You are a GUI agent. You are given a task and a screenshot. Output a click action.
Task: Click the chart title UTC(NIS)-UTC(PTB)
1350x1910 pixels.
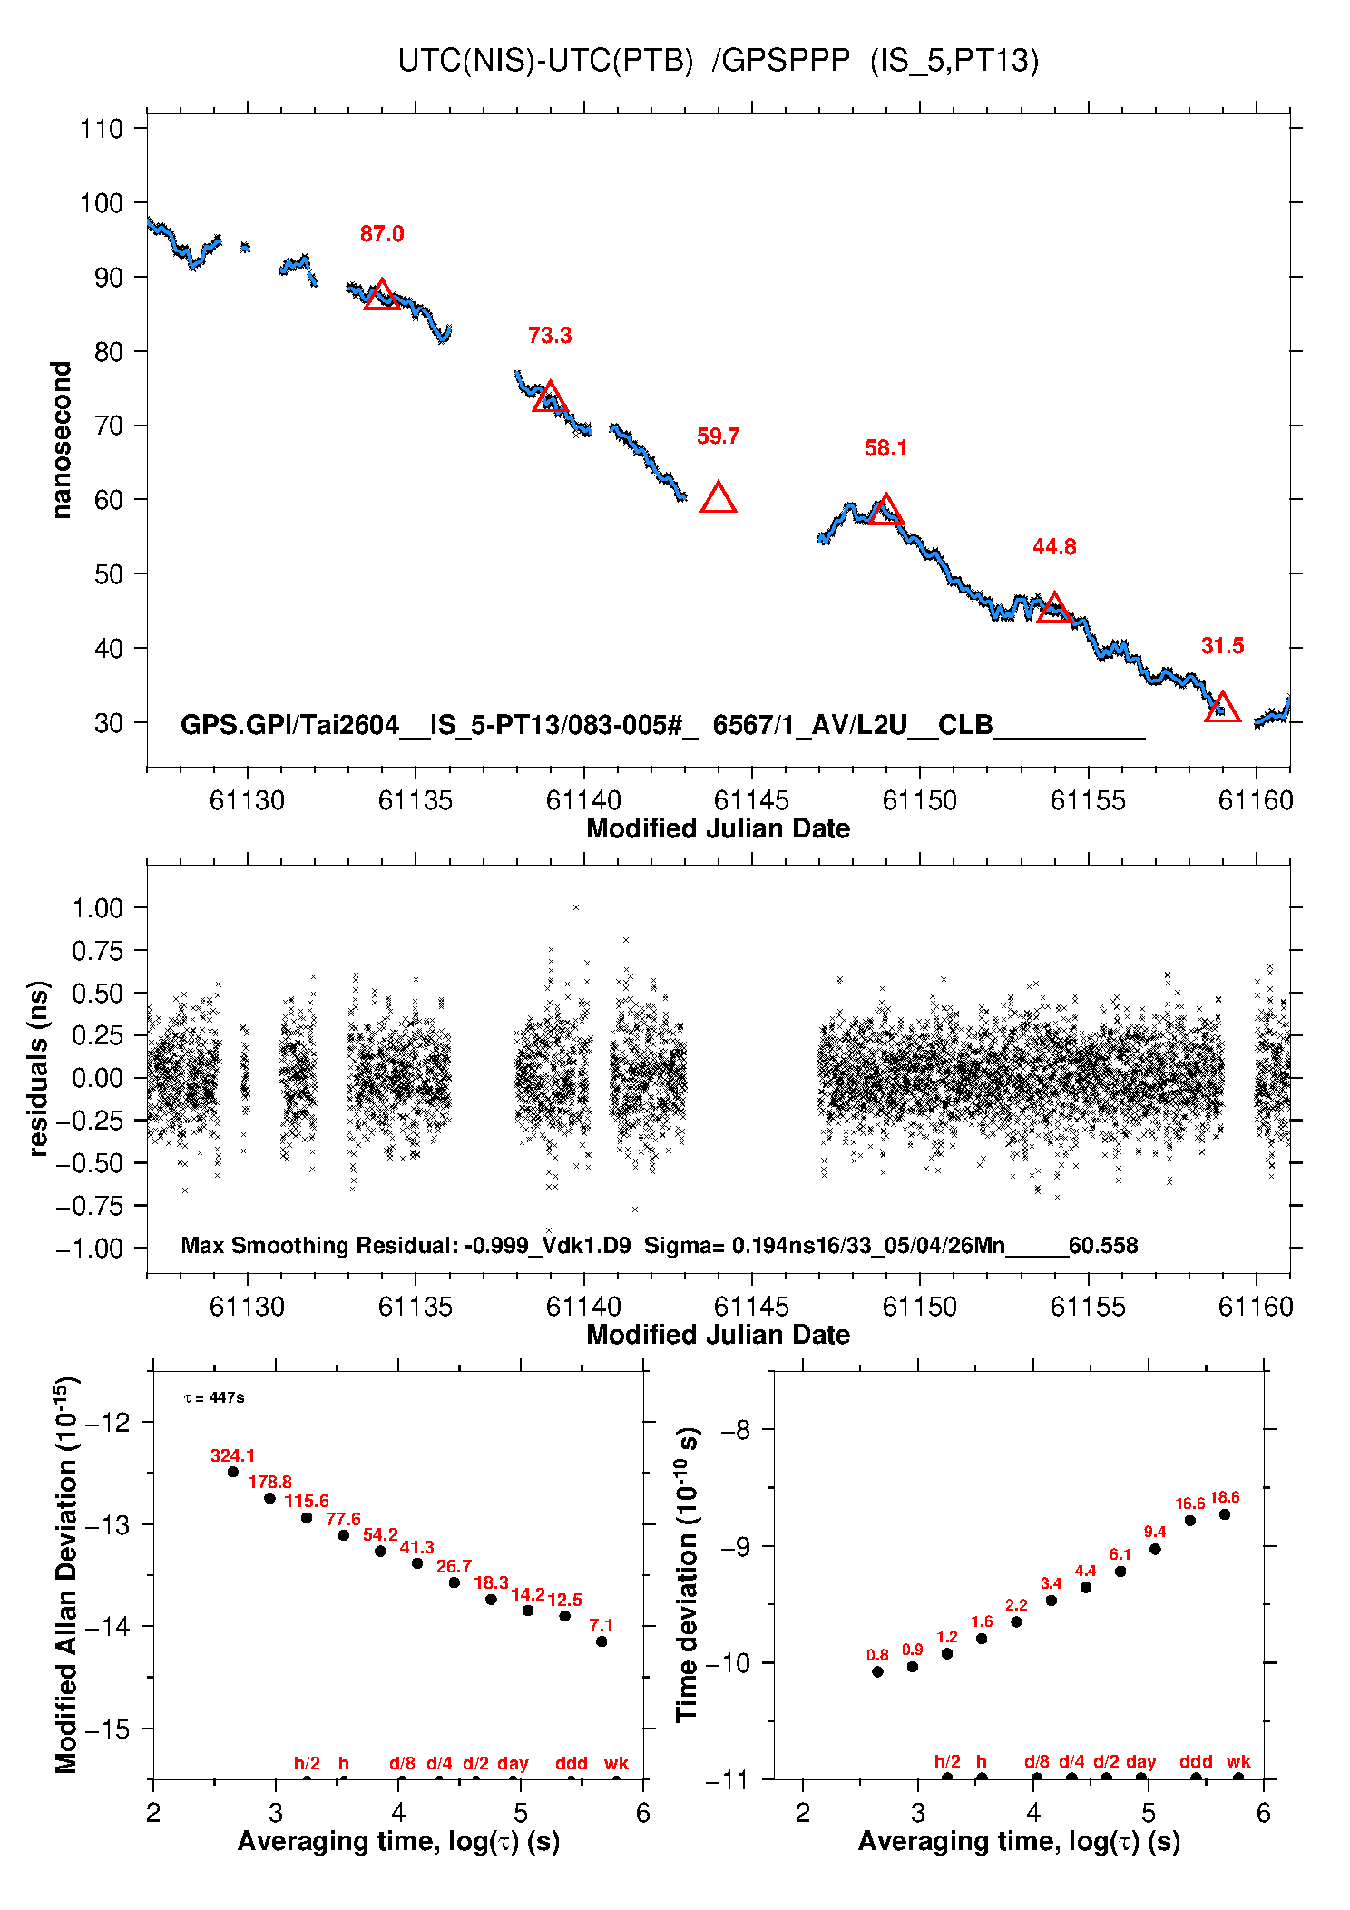click(x=545, y=61)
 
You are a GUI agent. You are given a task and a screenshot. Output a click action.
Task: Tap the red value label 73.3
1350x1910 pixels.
click(x=550, y=336)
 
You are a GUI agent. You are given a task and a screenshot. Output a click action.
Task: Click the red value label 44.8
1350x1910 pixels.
click(x=1054, y=547)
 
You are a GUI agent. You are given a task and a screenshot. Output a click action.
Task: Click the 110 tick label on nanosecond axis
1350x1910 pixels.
click(x=102, y=129)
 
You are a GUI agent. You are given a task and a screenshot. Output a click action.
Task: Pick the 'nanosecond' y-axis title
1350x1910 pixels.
click(x=62, y=440)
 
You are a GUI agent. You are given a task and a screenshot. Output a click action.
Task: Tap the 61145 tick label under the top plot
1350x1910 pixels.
click(x=751, y=800)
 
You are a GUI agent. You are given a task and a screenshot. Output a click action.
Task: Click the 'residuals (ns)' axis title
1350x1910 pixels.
click(x=38, y=1068)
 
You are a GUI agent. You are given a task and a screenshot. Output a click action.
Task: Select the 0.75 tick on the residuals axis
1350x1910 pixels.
click(x=97, y=951)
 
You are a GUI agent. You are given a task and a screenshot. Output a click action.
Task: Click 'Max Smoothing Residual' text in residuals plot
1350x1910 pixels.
click(x=318, y=1245)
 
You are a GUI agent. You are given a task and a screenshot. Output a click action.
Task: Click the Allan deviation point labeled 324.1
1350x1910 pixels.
click(x=233, y=1472)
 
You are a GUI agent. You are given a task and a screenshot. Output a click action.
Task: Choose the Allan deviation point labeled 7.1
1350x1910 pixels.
click(x=602, y=1641)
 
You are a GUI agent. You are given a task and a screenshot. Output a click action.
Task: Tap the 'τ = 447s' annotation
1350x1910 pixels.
click(x=214, y=1398)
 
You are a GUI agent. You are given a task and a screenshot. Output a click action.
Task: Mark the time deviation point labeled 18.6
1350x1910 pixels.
click(x=1225, y=1514)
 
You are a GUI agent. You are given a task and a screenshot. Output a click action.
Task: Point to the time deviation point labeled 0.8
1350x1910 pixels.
click(x=877, y=1671)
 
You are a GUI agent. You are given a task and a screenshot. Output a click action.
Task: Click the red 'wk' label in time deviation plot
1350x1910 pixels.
click(x=1238, y=1762)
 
